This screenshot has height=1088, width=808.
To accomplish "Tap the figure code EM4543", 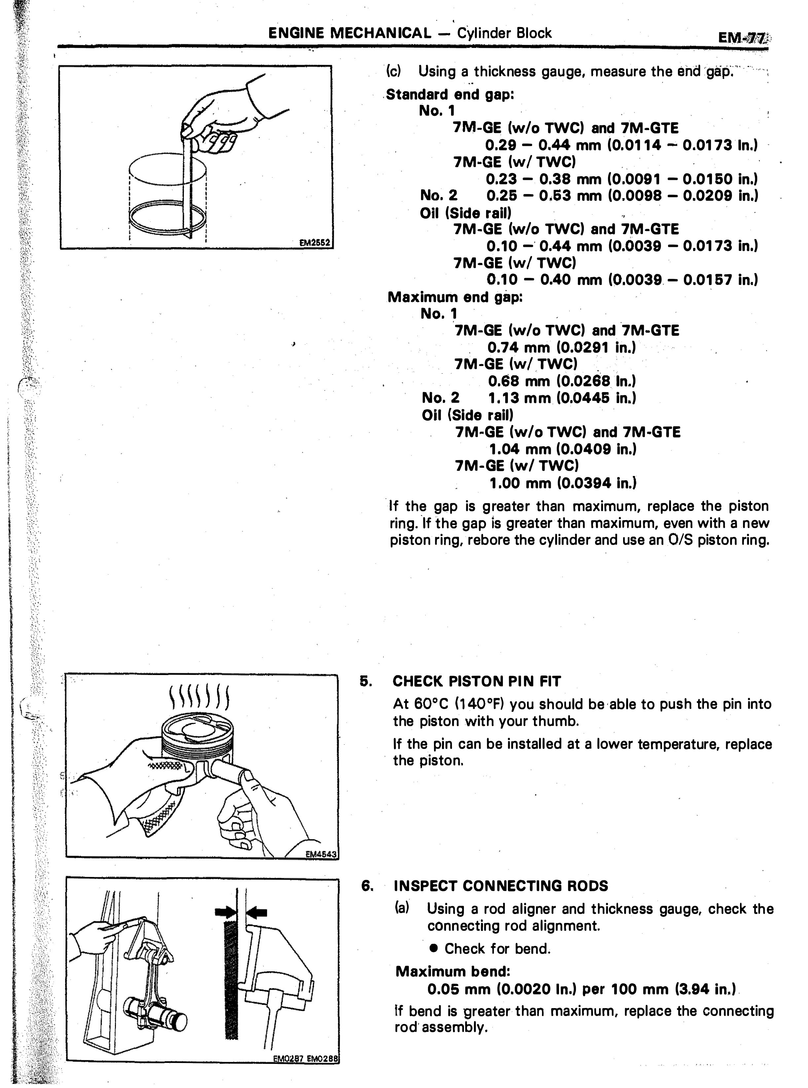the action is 321,854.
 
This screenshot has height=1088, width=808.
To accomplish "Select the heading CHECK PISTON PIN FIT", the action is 476,681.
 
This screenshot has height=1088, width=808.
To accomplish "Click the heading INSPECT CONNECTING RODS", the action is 501,886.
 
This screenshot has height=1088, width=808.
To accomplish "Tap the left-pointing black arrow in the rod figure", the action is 257,911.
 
